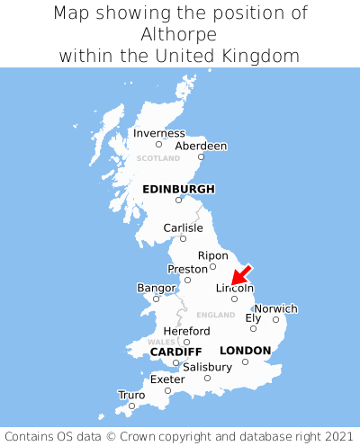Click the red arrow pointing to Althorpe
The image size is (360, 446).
(240, 275)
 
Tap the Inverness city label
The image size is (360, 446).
(158, 133)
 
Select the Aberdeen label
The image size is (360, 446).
(201, 146)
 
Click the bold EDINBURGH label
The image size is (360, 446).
(178, 189)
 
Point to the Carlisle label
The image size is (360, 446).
(183, 227)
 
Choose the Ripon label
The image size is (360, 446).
(213, 255)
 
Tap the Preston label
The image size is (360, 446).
(187, 269)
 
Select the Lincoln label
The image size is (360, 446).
(235, 288)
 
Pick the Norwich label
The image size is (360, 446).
(275, 308)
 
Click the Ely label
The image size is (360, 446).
(253, 317)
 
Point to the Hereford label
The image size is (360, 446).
(187, 331)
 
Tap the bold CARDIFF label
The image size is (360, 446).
(175, 352)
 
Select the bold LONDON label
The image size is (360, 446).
(245, 350)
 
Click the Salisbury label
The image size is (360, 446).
(207, 367)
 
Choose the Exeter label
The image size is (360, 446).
(167, 379)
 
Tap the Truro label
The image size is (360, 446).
(131, 394)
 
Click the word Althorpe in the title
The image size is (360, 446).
(180, 34)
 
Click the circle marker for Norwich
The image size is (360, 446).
(275, 319)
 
